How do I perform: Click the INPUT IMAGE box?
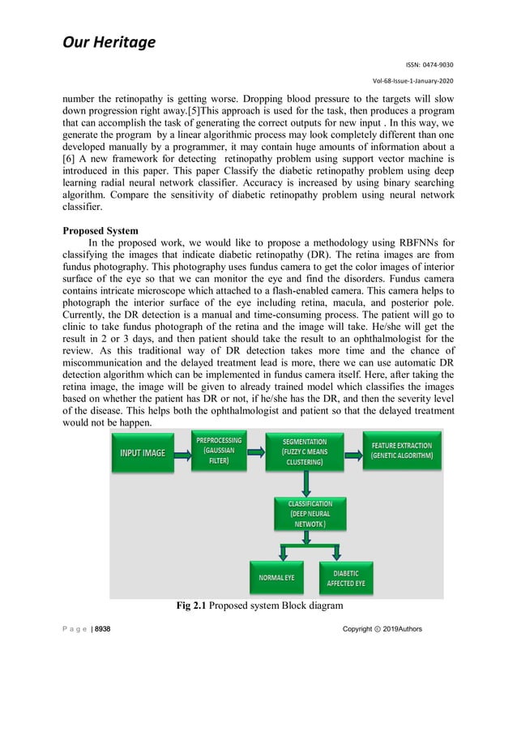pyautogui.click(x=143, y=452)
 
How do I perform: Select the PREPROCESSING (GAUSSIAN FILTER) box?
pyautogui.click(x=219, y=451)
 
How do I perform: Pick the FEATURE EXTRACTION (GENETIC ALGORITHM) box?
pyautogui.click(x=402, y=452)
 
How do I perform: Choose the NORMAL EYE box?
pyautogui.click(x=276, y=578)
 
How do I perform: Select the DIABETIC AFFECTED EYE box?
pyautogui.click(x=346, y=577)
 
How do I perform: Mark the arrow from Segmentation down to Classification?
pyautogui.click(x=305, y=484)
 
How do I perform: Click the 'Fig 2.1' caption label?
pyautogui.click(x=192, y=606)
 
